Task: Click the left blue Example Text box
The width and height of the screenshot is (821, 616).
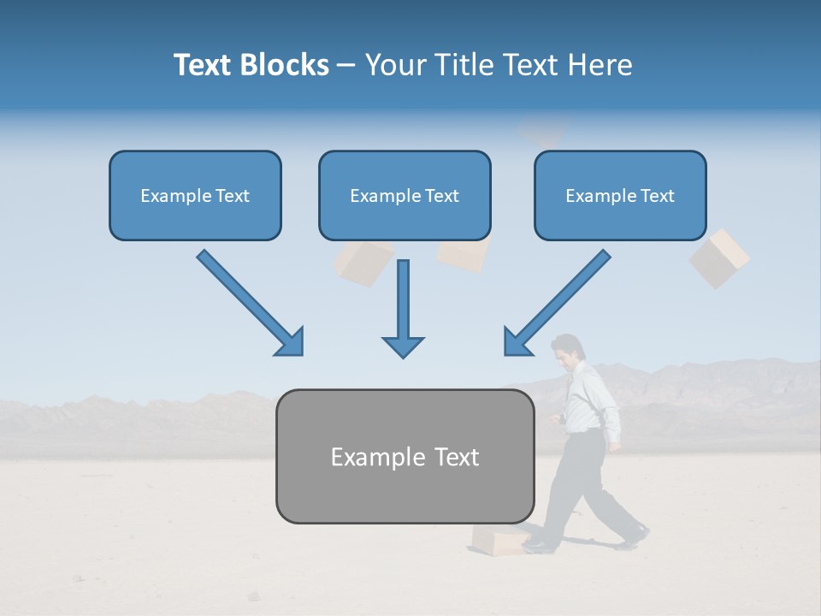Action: (x=195, y=195)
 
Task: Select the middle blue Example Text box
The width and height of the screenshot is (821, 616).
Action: (x=405, y=195)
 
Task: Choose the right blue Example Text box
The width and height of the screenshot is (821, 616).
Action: (x=620, y=195)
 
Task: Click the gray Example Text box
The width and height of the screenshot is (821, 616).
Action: (x=405, y=456)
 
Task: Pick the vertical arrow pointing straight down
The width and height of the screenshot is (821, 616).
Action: (x=403, y=309)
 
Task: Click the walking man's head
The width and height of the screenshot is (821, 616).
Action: (x=565, y=350)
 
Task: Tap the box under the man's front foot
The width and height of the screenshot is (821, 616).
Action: (x=498, y=540)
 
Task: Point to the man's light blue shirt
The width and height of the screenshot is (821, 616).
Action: (x=590, y=399)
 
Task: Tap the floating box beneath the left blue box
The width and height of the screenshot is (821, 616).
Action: (x=362, y=262)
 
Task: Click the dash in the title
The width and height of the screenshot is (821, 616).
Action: (x=346, y=66)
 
